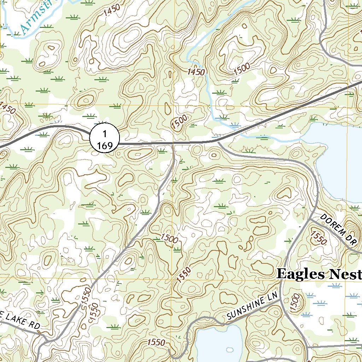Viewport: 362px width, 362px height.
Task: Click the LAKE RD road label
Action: click(x=19, y=321)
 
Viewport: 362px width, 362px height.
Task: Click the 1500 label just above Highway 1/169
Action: click(x=179, y=122)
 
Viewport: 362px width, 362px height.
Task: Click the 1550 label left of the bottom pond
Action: click(x=156, y=342)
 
